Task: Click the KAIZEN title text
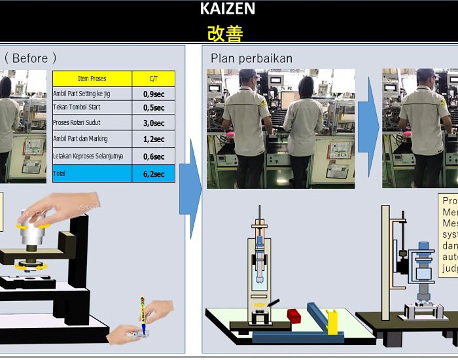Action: [x=228, y=9]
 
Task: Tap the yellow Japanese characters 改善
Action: [x=224, y=33]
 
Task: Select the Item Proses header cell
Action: [x=92, y=79]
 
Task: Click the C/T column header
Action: [x=153, y=79]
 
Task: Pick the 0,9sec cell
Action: [x=153, y=94]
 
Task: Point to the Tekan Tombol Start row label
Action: [x=77, y=107]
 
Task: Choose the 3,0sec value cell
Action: [x=153, y=123]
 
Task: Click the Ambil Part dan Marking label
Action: [x=80, y=139]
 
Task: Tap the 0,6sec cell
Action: [x=153, y=156]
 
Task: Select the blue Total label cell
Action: [x=92, y=173]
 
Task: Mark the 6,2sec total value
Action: [x=153, y=174]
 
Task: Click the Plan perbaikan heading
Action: [x=251, y=59]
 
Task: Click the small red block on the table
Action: [x=294, y=317]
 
